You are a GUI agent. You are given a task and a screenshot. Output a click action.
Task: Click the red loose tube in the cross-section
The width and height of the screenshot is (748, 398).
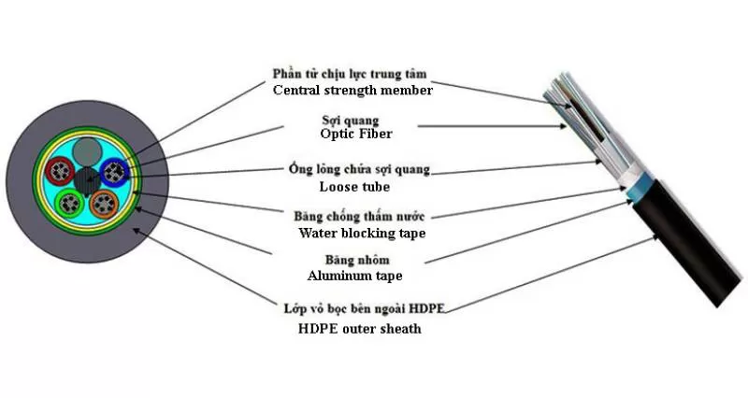click(64, 174)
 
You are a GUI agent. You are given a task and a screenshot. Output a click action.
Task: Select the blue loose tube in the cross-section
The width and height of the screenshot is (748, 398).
click(114, 173)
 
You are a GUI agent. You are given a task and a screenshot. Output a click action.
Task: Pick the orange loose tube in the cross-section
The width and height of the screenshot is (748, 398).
click(106, 204)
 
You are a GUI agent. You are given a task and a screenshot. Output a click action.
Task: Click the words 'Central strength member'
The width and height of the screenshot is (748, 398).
click(352, 91)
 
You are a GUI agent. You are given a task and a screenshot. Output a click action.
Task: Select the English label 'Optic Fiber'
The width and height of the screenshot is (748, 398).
click(352, 135)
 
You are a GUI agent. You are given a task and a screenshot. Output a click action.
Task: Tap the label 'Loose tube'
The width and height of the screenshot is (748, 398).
click(352, 186)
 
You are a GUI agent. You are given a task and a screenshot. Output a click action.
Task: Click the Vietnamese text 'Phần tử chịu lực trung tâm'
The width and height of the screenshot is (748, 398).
click(352, 74)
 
